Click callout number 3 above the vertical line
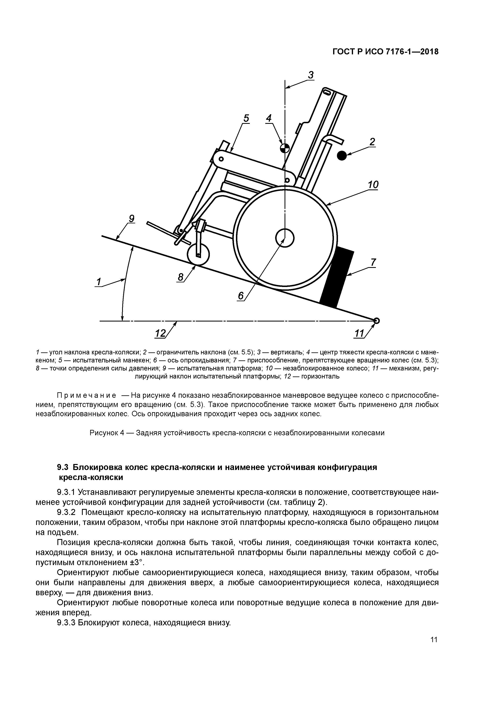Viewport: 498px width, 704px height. tap(311, 75)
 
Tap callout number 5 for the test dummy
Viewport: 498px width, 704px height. tap(246, 118)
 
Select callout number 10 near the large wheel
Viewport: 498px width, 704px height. tap(373, 185)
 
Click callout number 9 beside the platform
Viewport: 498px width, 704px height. tap(131, 219)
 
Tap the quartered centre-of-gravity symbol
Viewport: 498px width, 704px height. tap(284, 148)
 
